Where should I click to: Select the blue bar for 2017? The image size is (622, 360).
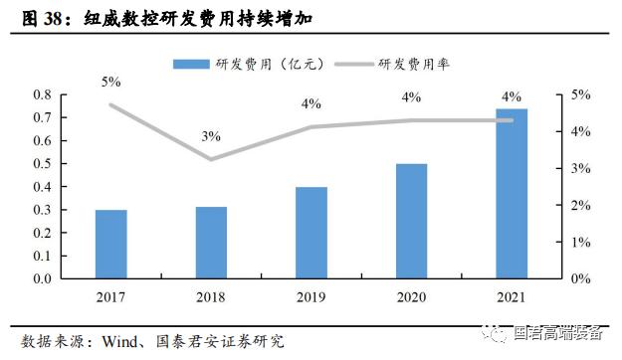(x=111, y=245)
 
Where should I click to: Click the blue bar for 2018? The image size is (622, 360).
(x=211, y=243)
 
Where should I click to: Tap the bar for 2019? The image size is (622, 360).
(x=311, y=233)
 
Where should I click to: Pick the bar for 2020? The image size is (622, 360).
(x=412, y=221)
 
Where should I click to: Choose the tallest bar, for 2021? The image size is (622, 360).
(x=512, y=194)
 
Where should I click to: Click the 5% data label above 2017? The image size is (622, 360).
(x=111, y=82)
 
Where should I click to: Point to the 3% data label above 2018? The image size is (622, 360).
(x=211, y=135)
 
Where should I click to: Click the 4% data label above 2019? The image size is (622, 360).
(x=311, y=103)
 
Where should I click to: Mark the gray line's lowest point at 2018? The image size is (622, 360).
(x=211, y=158)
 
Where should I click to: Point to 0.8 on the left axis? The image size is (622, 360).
(x=70, y=95)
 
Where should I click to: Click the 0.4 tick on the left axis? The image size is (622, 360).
(x=70, y=187)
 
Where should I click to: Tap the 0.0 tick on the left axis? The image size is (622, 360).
(x=70, y=278)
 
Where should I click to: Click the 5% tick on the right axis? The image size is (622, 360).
(x=580, y=95)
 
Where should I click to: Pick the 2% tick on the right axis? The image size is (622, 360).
(x=580, y=206)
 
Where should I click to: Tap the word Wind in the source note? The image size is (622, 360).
(x=120, y=340)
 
